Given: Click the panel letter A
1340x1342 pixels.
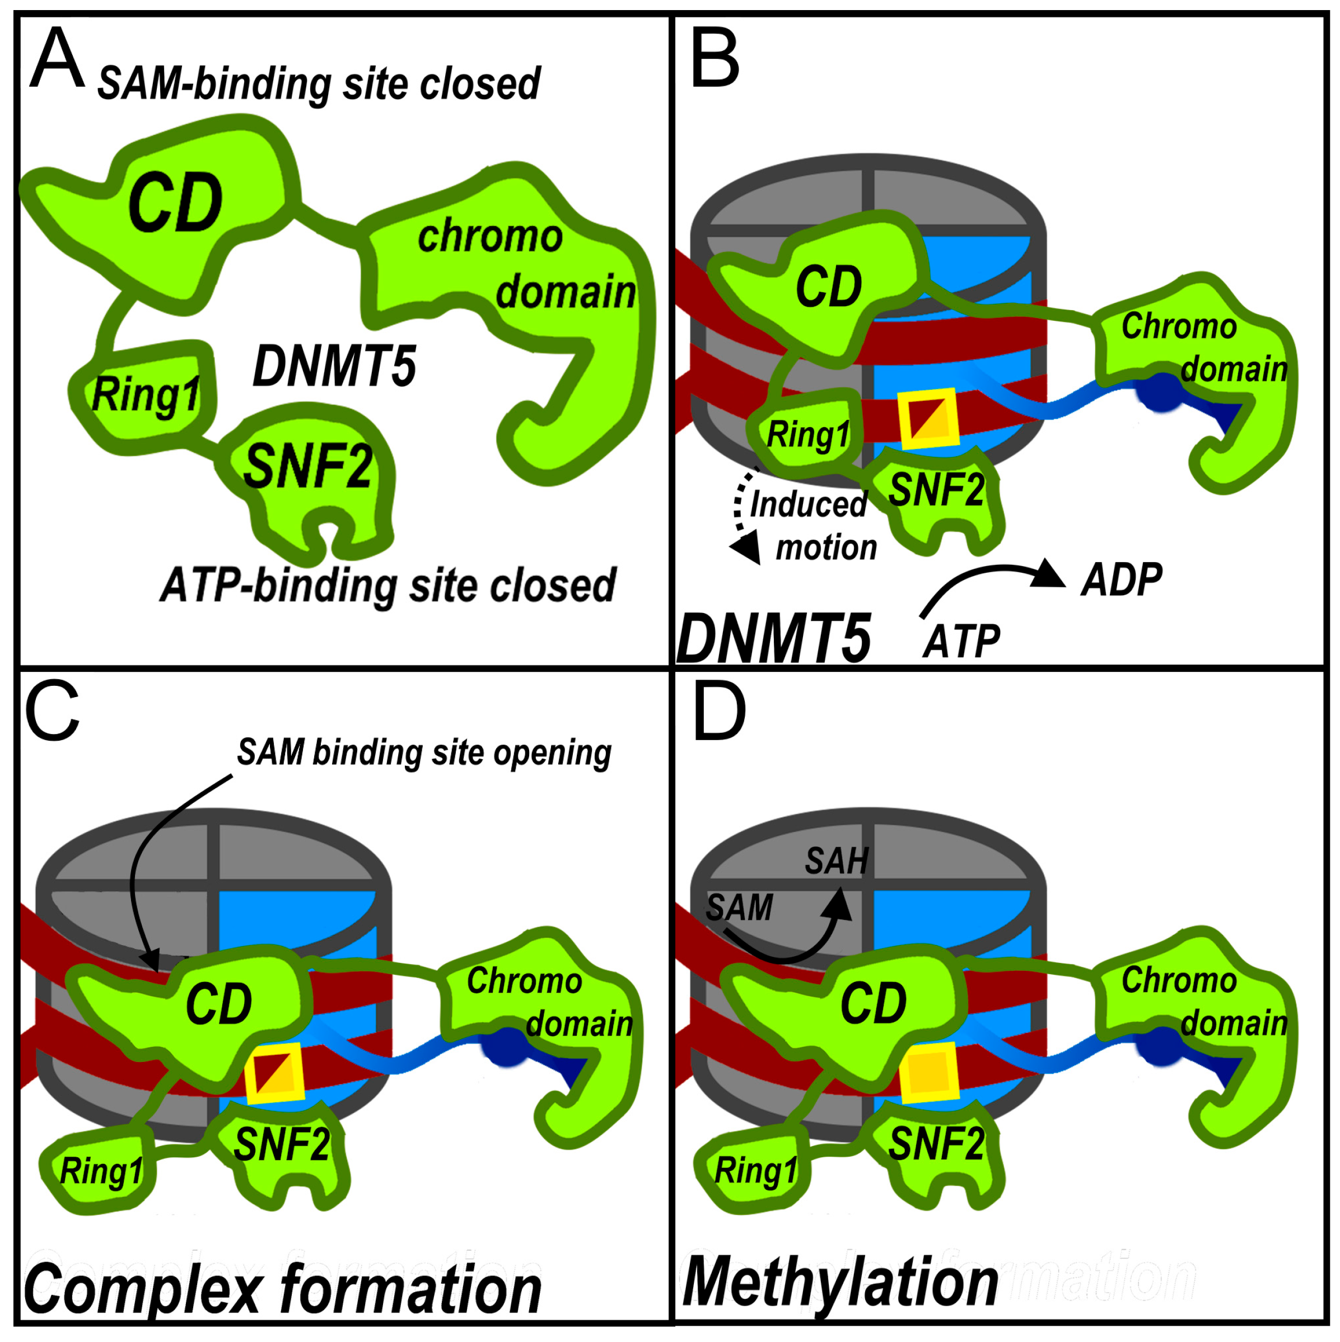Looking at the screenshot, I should [57, 59].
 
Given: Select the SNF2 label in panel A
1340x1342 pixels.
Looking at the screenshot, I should [308, 467].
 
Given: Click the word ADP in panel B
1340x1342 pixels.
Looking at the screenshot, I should [1121, 580].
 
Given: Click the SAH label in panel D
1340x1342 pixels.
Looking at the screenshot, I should [837, 861].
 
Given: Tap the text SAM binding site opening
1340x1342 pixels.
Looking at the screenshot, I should [424, 752].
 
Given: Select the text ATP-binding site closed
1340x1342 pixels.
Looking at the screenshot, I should [387, 585].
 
